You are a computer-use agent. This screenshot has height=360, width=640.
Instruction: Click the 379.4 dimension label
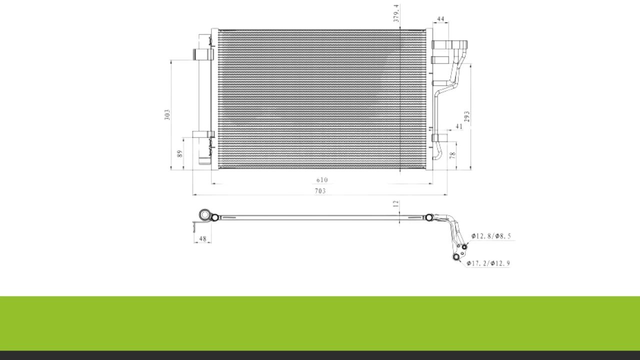coord(396,13)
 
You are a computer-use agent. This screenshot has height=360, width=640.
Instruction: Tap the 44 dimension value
coord(440,19)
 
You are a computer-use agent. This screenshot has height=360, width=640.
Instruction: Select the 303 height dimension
coord(167,114)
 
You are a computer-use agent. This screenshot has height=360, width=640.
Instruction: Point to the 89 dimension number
coord(179,153)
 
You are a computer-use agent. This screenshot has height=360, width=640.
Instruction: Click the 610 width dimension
coord(322,180)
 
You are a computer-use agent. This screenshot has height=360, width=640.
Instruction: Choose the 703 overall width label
coord(320,191)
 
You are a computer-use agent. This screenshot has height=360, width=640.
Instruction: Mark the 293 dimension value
coord(467,116)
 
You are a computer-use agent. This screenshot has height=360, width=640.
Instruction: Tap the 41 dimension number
coord(459,126)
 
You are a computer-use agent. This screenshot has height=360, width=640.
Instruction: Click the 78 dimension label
coord(452,155)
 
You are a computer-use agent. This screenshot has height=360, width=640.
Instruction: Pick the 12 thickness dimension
coord(395,203)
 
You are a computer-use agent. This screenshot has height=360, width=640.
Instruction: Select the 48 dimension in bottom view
coord(202,238)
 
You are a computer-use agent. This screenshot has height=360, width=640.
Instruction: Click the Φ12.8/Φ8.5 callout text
coord(491,236)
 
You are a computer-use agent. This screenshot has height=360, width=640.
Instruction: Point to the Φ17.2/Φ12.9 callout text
coord(488,263)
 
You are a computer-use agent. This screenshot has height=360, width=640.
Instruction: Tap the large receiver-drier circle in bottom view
coord(204,214)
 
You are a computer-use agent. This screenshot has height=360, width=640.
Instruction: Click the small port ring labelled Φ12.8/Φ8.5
coord(464,247)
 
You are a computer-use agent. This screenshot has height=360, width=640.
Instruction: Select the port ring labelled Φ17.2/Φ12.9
coord(456,257)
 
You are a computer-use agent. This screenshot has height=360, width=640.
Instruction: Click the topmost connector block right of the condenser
coord(449,44)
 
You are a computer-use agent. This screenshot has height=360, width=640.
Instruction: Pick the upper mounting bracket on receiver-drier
coord(203,54)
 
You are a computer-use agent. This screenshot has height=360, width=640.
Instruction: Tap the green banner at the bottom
coord(320,323)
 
